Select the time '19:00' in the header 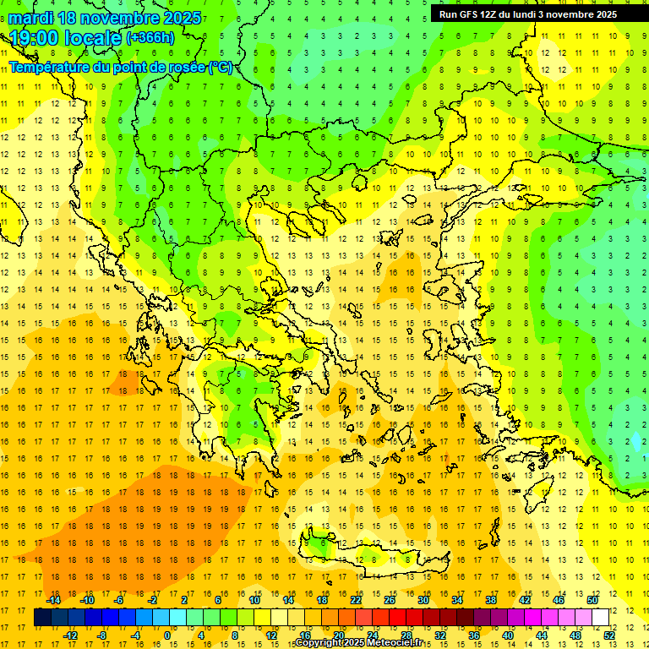coord(35,38)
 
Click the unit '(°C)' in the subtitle coord(221,68)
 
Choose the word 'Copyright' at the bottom coord(318,643)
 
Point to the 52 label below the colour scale coord(609,635)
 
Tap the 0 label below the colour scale coord(167,635)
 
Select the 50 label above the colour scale coord(592,600)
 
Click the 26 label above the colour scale coord(390,600)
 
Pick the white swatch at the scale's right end coord(601,618)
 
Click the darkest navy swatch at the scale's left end coord(42,618)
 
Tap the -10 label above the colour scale coord(86,600)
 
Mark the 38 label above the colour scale coord(491,600)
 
